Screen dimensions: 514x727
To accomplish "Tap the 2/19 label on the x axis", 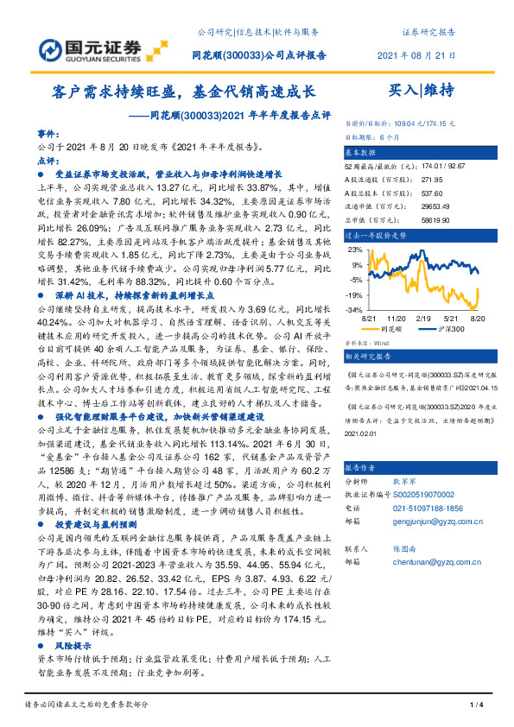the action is coord(423,318).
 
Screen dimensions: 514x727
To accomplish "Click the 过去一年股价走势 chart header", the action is coord(376,235).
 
